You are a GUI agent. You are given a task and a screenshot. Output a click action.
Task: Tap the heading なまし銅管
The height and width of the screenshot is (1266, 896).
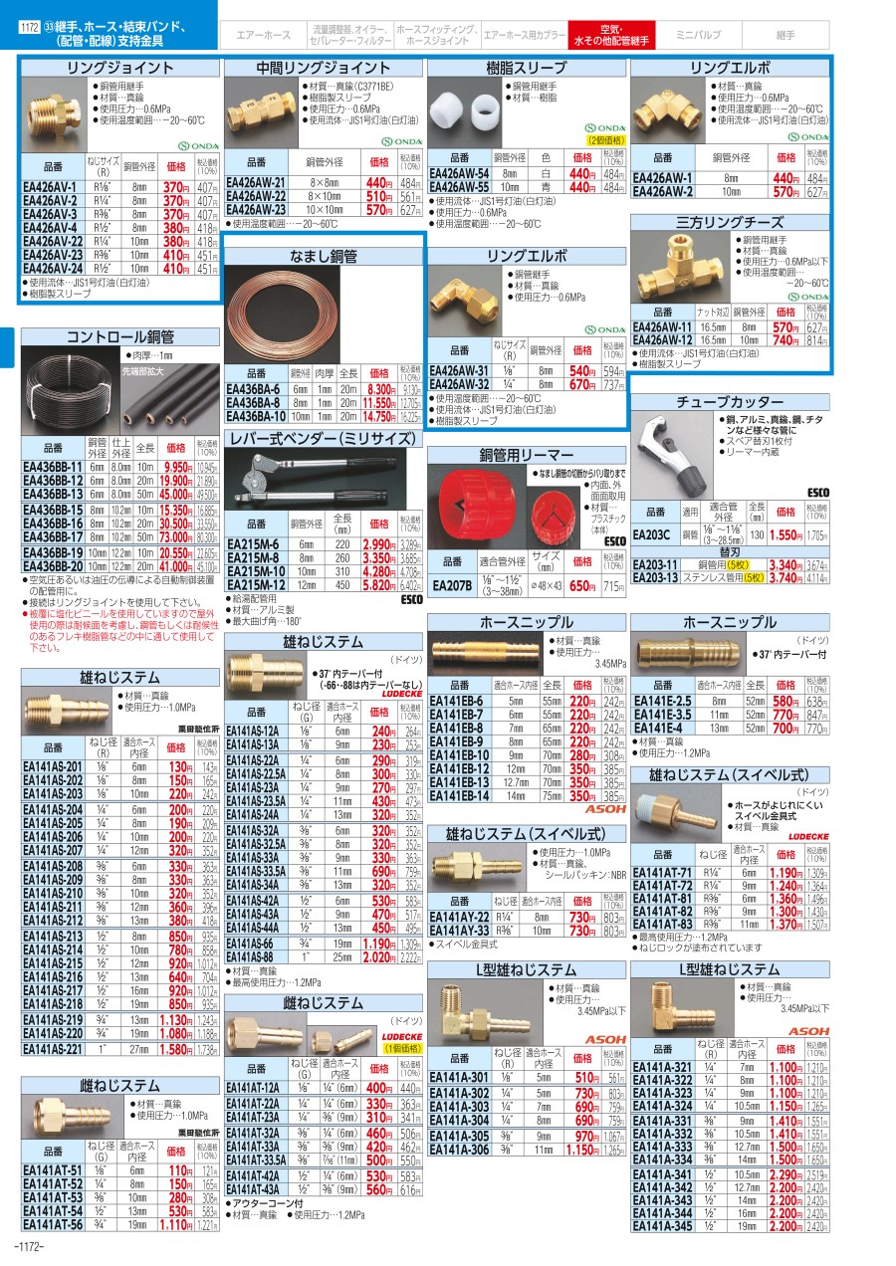click(325, 257)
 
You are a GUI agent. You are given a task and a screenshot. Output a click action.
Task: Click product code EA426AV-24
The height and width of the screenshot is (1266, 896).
click(51, 269)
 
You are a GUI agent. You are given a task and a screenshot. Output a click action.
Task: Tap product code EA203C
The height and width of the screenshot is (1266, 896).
click(651, 535)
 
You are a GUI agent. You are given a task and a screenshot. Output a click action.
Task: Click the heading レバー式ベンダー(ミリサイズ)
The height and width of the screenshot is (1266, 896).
click(325, 437)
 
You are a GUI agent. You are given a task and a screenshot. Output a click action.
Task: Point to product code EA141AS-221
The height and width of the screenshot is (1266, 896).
click(54, 1049)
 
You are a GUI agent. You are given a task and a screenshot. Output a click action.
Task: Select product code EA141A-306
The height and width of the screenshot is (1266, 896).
click(459, 1150)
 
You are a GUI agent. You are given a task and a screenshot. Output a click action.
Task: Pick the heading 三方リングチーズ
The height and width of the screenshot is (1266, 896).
click(730, 223)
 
